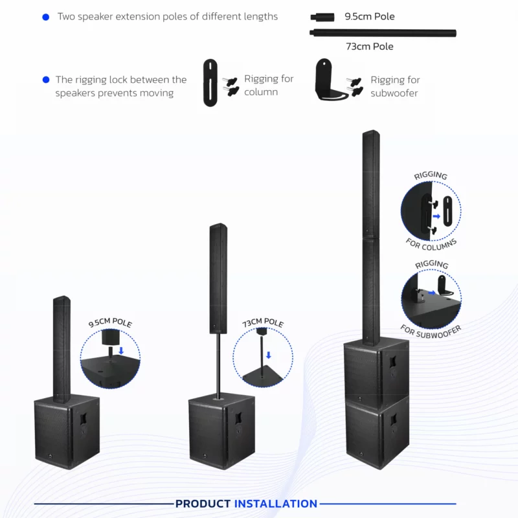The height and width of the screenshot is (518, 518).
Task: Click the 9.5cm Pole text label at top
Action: point(369,16)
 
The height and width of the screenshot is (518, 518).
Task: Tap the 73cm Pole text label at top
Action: point(369,47)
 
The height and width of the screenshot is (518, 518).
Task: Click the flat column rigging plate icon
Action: point(210,83)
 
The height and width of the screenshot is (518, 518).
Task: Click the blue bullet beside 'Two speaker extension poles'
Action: point(45,17)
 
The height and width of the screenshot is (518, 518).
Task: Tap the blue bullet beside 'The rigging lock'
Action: point(45,80)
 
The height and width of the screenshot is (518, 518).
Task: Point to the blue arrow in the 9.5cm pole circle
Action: point(121,350)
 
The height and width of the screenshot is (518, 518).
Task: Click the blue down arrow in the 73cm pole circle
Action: point(269,355)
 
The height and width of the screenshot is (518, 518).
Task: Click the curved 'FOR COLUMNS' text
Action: point(431,245)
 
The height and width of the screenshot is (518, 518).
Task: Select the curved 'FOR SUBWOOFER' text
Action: point(431,330)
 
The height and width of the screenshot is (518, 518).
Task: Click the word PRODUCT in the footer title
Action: point(203,504)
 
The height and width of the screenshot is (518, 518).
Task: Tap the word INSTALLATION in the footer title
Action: point(276,504)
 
